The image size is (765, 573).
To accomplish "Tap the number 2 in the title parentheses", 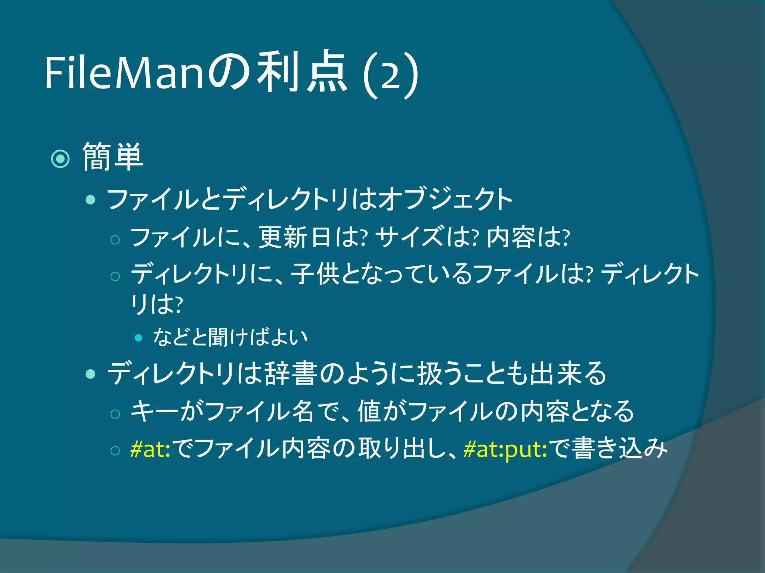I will pyautogui.click(x=391, y=76).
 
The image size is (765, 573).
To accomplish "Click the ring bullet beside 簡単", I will pyautogui.click(x=60, y=159).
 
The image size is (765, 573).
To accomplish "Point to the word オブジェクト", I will pyautogui.click(x=445, y=199).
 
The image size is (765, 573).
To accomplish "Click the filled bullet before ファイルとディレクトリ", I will pyautogui.click(x=90, y=200).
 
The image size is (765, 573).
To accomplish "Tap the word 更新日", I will pyautogui.click(x=295, y=238).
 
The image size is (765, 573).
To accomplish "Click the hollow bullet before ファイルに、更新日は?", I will pyautogui.click(x=115, y=240).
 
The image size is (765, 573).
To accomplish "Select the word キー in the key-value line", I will pyautogui.click(x=155, y=411).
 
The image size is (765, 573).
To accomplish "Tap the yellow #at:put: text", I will pyautogui.click(x=505, y=449).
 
